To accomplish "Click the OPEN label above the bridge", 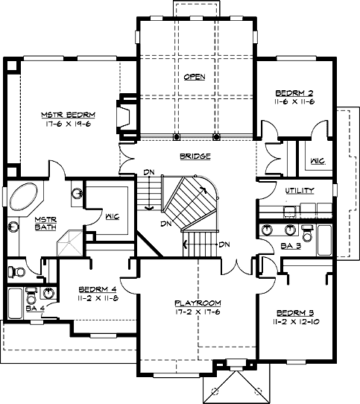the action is [x=195, y=77].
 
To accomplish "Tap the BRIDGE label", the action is [x=195, y=156].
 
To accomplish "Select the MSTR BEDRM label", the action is [x=69, y=115].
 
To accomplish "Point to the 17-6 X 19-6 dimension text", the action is [x=69, y=124].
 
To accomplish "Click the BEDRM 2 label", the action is [x=294, y=92].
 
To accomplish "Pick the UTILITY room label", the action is [x=300, y=191].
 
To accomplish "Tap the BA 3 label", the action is [x=291, y=246].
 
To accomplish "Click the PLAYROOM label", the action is [x=198, y=303].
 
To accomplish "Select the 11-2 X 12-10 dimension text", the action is [x=296, y=322].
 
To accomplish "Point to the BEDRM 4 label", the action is [x=98, y=289].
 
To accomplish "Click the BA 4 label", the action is [x=35, y=309].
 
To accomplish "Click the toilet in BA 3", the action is [x=307, y=233].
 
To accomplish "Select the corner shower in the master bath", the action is [x=70, y=244].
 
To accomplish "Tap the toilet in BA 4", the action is [x=31, y=297].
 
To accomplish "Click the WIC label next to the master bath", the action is [x=113, y=216].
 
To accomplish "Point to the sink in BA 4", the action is [x=48, y=293].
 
